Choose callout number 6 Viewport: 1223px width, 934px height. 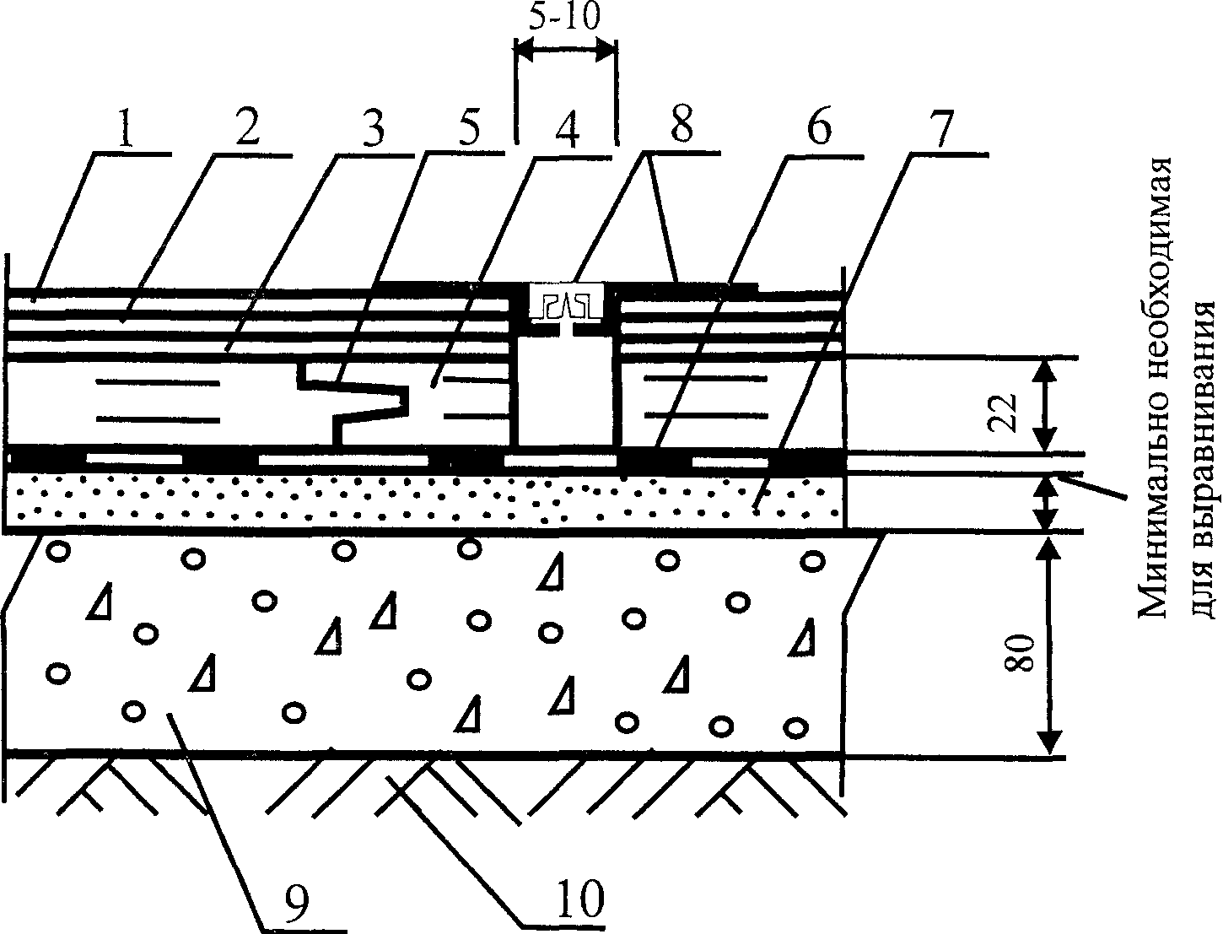click(x=817, y=127)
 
